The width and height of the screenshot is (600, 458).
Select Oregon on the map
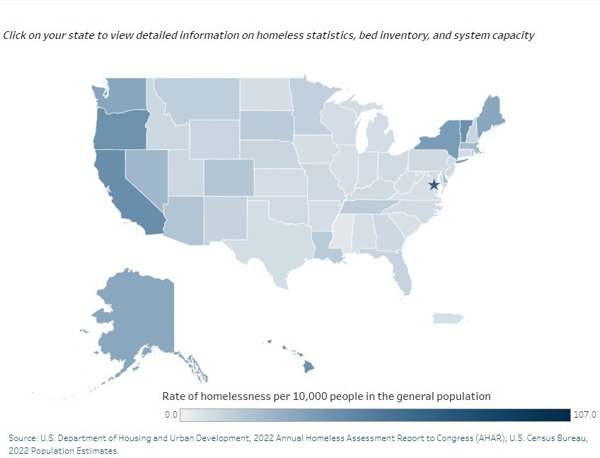coord(120,129)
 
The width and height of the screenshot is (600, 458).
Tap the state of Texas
coord(269,241)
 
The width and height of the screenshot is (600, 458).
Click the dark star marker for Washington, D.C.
coord(434,185)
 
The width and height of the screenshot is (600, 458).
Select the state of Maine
coord(490,113)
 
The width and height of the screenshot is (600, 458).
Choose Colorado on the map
coord(229,177)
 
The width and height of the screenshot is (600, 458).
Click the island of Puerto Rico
coord(447,319)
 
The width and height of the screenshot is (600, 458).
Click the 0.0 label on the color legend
coord(171,415)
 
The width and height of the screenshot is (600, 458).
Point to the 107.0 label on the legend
coord(585,415)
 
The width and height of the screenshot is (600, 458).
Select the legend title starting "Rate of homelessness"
coord(326,396)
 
